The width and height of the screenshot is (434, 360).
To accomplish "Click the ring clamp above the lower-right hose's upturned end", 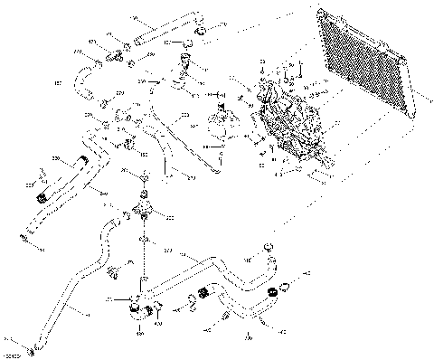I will pos(267,247).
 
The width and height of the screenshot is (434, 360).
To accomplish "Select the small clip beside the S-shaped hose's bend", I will pos(113,270).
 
